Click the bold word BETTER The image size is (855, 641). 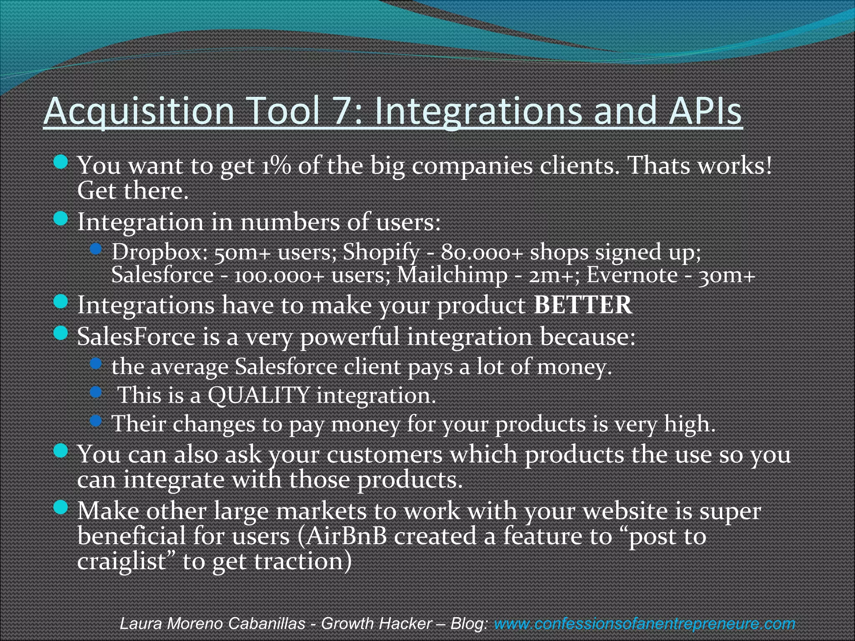pos(583,305)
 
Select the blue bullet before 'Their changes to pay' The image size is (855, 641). pos(96,420)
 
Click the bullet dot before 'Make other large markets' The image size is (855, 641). pos(61,508)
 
